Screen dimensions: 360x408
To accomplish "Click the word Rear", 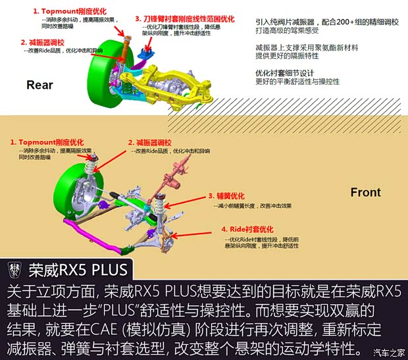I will (x=39, y=85).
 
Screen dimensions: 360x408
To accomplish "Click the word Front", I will (x=365, y=192).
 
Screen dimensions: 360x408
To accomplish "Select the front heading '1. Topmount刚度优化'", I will (x=47, y=141).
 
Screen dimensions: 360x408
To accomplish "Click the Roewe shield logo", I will (x=14, y=270).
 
